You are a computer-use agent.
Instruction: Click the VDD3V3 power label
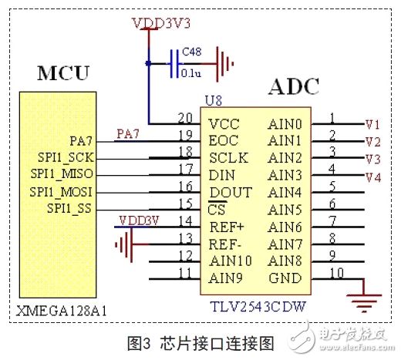pyautogui.click(x=161, y=23)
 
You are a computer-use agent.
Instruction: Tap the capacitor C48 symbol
pyautogui.click(x=174, y=64)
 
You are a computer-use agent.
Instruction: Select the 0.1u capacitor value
pyautogui.click(x=190, y=73)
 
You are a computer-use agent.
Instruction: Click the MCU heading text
pyautogui.click(x=63, y=73)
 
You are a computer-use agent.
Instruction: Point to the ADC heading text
pyautogui.click(x=294, y=86)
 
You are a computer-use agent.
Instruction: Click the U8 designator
pyautogui.click(x=214, y=100)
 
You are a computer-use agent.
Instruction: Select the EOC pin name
pyautogui.click(x=224, y=141)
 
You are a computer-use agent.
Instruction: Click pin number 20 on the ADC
pyautogui.click(x=185, y=118)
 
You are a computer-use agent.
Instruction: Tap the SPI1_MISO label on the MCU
pyautogui.click(x=62, y=174)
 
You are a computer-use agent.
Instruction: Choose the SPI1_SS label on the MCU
pyautogui.click(x=69, y=208)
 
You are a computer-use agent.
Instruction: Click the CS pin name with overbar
pyautogui.click(x=217, y=208)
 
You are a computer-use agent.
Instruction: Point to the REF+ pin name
pyautogui.click(x=227, y=227)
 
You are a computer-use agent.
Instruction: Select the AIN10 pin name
pyautogui.click(x=231, y=261)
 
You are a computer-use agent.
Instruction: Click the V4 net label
pyautogui.click(x=373, y=177)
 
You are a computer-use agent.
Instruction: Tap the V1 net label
pyautogui.click(x=372, y=125)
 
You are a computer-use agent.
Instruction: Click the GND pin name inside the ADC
pyautogui.click(x=285, y=278)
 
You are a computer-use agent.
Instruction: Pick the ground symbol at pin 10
pyautogui.click(x=364, y=303)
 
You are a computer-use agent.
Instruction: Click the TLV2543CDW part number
pyautogui.click(x=258, y=306)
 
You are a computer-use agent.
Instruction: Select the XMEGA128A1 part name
pyautogui.click(x=61, y=311)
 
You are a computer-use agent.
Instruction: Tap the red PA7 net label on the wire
pyautogui.click(x=128, y=134)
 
